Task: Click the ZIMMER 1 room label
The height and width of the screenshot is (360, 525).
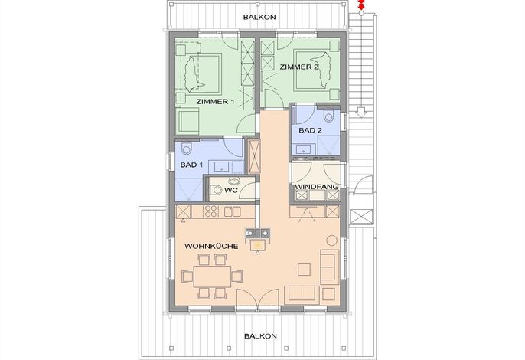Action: [x=215, y=102]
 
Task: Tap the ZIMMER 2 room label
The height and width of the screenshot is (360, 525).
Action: [x=299, y=67]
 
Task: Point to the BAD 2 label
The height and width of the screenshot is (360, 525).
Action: [x=311, y=130]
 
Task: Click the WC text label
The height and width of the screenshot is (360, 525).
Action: [x=231, y=191]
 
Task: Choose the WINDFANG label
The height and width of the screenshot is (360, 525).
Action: [x=317, y=187]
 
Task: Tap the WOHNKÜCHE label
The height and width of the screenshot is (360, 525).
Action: [x=211, y=247]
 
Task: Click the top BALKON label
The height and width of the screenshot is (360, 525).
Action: [x=259, y=17]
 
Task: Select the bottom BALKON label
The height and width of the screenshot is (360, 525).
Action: [x=260, y=335]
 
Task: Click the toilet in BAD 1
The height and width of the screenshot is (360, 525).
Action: [x=187, y=148]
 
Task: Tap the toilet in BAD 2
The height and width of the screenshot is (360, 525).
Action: [x=329, y=116]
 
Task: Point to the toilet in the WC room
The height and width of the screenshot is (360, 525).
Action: [x=217, y=191]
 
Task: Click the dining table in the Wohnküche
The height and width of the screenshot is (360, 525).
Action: [x=212, y=277]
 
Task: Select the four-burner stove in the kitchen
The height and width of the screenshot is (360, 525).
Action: [x=211, y=211]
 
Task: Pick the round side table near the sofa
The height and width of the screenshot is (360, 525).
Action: [x=332, y=241]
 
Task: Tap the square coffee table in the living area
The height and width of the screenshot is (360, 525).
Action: [x=304, y=269]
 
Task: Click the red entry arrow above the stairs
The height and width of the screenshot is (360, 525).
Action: [x=361, y=4]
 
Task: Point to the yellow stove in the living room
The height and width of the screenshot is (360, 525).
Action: [x=257, y=246]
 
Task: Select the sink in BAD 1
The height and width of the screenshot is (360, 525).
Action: [x=222, y=166]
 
